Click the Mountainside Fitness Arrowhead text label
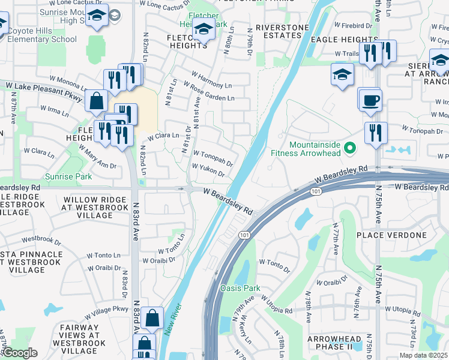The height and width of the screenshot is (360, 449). [x=315, y=149]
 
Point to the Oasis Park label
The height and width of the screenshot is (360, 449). [x=240, y=288]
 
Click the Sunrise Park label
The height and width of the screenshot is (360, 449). [x=68, y=177]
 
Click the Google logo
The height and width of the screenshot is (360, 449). [x=19, y=353]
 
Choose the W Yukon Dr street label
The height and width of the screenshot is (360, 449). [x=208, y=170]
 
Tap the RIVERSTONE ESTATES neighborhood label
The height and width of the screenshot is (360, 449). [x=278, y=31]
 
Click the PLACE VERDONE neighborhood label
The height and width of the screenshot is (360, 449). [x=391, y=235]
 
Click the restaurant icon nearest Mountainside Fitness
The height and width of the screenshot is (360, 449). [x=376, y=133]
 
